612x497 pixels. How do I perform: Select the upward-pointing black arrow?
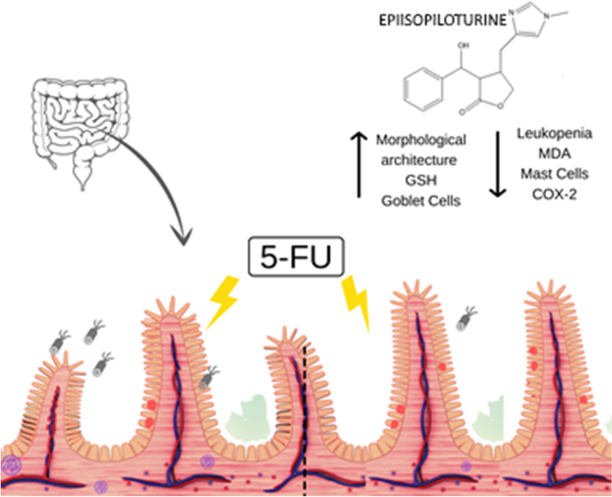tap(362, 164)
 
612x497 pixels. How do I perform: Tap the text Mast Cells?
tap(548, 173)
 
